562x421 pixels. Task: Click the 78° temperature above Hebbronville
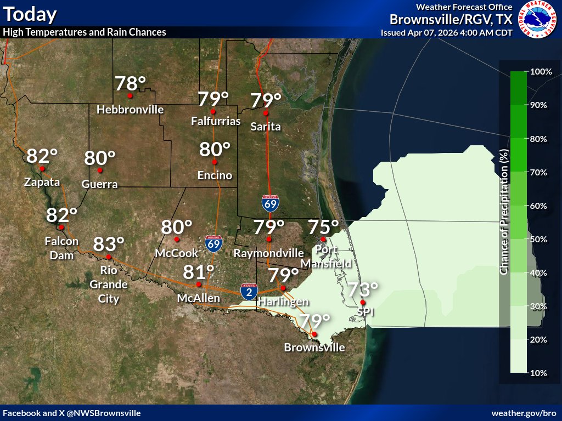130,83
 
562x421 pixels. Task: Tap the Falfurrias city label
216,121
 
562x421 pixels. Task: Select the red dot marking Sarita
266,113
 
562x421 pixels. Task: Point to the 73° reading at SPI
362,289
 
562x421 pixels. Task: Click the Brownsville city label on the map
314,348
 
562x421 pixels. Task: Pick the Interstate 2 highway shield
249,292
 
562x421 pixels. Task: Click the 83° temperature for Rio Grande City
109,244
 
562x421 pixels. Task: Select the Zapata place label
42,183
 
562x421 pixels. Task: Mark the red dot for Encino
215,162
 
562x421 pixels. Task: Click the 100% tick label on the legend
541,72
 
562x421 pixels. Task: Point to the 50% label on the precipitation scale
539,240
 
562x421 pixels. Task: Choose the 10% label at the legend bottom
539,373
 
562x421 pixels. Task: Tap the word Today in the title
29,13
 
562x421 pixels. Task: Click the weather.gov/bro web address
524,413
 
